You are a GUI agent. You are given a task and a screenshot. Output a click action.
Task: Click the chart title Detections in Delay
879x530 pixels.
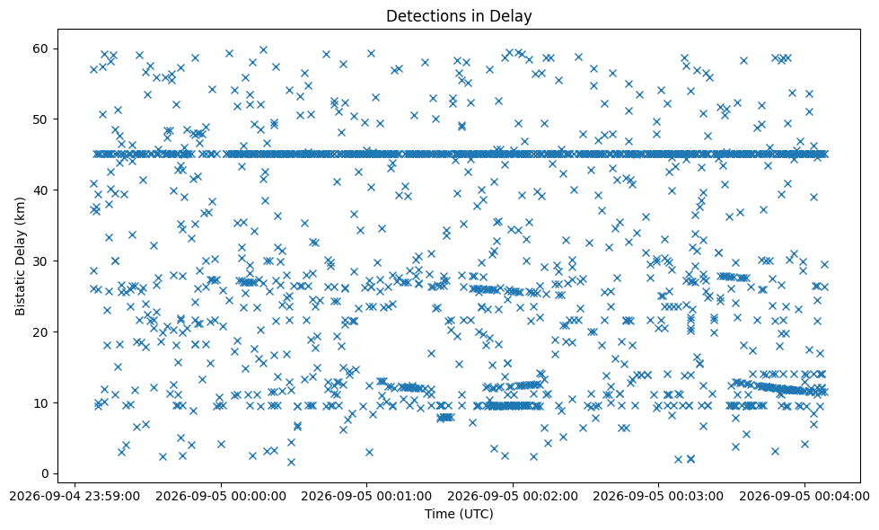click(459, 16)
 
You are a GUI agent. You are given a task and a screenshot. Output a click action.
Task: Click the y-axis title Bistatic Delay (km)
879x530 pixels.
click(20, 256)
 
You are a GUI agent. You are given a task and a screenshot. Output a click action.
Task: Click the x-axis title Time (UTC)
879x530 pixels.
click(459, 514)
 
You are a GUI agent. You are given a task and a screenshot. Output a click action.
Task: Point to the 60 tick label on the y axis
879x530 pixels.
click(40, 49)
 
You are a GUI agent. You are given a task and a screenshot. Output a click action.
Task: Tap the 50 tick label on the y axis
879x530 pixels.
click(40, 119)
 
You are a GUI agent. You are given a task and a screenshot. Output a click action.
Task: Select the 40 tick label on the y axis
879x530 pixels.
click(40, 190)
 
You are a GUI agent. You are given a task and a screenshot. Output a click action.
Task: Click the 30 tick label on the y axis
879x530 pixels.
click(40, 261)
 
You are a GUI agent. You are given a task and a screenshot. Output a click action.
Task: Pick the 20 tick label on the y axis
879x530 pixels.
click(40, 332)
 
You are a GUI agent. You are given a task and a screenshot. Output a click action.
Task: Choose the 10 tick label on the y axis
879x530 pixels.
click(40, 402)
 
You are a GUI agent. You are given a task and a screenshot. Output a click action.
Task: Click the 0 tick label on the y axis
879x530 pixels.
click(44, 474)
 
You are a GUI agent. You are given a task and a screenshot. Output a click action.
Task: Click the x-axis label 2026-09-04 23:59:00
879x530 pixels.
click(75, 497)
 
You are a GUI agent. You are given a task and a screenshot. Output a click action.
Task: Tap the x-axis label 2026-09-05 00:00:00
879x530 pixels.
click(221, 497)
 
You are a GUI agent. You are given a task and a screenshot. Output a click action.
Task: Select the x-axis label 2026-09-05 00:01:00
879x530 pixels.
click(366, 497)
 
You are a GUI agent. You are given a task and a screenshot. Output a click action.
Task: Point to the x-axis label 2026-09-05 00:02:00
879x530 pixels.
click(513, 497)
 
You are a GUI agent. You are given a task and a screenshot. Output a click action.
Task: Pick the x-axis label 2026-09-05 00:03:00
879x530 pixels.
click(658, 497)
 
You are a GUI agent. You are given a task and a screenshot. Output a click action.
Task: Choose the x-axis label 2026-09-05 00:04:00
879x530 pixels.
click(804, 497)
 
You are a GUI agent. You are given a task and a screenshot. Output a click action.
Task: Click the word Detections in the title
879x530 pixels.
click(422, 16)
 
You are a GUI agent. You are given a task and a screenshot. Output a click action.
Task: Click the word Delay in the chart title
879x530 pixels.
click(515, 16)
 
